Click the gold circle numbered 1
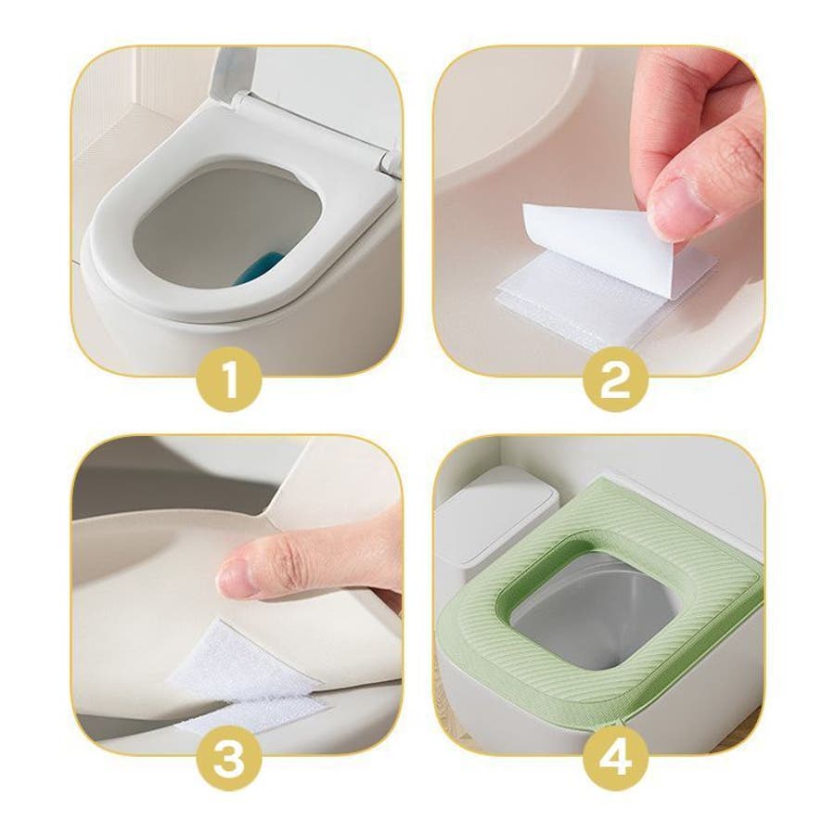coord(229,379)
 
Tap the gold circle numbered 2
coord(616,379)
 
